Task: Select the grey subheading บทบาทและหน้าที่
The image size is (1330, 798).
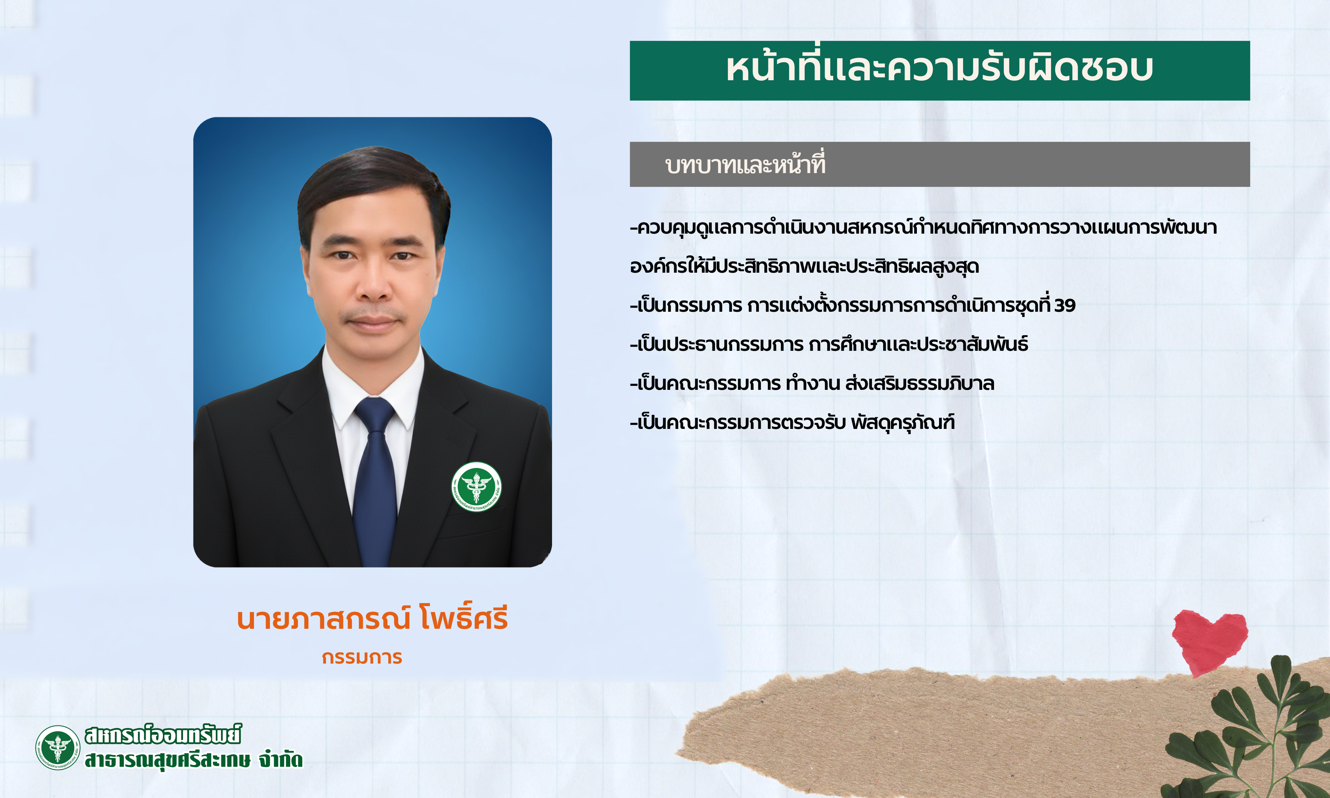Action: click(745, 164)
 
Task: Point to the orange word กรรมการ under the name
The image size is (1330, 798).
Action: click(362, 657)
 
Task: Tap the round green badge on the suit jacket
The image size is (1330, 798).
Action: click(476, 487)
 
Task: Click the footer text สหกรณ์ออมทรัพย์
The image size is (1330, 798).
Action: click(163, 735)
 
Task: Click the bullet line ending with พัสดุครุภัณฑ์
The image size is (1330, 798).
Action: click(792, 423)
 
